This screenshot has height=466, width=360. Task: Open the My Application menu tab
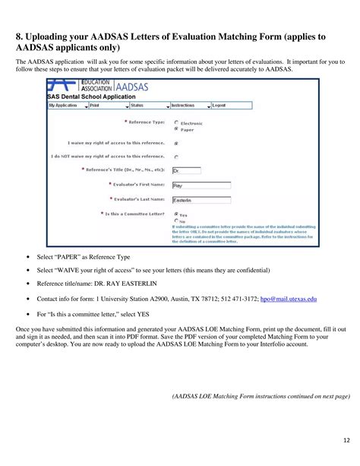tap(63, 106)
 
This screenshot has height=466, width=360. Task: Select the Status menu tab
tap(140, 106)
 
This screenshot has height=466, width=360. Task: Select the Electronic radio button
tap(176, 122)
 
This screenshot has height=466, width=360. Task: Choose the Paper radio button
tap(176, 128)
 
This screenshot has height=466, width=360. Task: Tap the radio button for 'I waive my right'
tap(176, 142)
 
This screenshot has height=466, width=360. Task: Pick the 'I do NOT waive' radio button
tap(176, 157)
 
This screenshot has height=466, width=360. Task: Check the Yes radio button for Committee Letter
tap(176, 214)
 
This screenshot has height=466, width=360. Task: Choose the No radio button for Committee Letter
tap(176, 221)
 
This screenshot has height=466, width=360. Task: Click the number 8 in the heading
tap(20, 36)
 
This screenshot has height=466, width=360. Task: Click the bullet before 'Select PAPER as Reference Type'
tap(28, 258)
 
